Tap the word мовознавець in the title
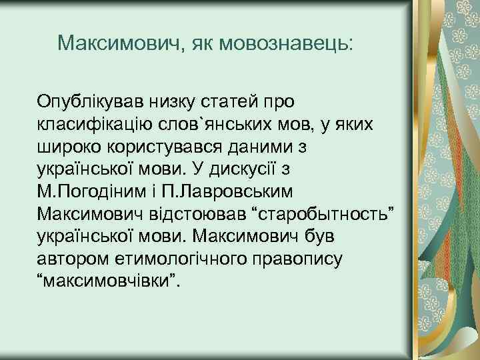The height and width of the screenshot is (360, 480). point(293,44)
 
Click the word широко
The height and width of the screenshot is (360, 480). point(72,147)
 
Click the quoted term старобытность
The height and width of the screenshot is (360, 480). point(323,212)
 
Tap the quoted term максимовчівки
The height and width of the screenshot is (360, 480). point(109,277)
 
